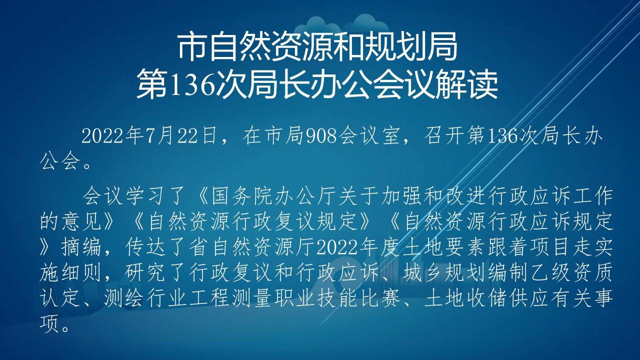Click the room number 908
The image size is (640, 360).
(321, 136)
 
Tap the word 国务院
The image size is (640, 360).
(241, 196)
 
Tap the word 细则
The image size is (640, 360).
(81, 272)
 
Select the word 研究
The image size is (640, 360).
(145, 272)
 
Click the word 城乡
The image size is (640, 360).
(422, 272)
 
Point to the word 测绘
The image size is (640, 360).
(123, 297)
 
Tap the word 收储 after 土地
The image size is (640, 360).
(486, 297)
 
